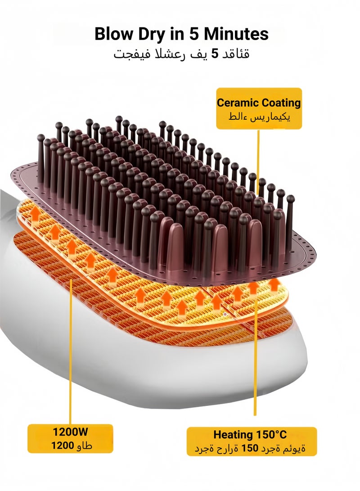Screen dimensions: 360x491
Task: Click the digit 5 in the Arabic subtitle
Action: tap(215, 54)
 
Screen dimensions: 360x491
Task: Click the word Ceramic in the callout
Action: tap(238, 103)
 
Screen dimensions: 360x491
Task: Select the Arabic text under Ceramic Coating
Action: tap(259, 117)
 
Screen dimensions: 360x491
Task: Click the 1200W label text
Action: tap(70, 432)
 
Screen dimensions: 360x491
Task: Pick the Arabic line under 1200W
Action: tap(72, 445)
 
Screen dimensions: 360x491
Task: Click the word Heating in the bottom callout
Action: tap(233, 435)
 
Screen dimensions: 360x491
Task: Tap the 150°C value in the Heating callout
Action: tap(271, 434)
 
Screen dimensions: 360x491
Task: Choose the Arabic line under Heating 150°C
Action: tap(250, 448)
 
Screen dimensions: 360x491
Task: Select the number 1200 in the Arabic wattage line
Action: tap(63, 445)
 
